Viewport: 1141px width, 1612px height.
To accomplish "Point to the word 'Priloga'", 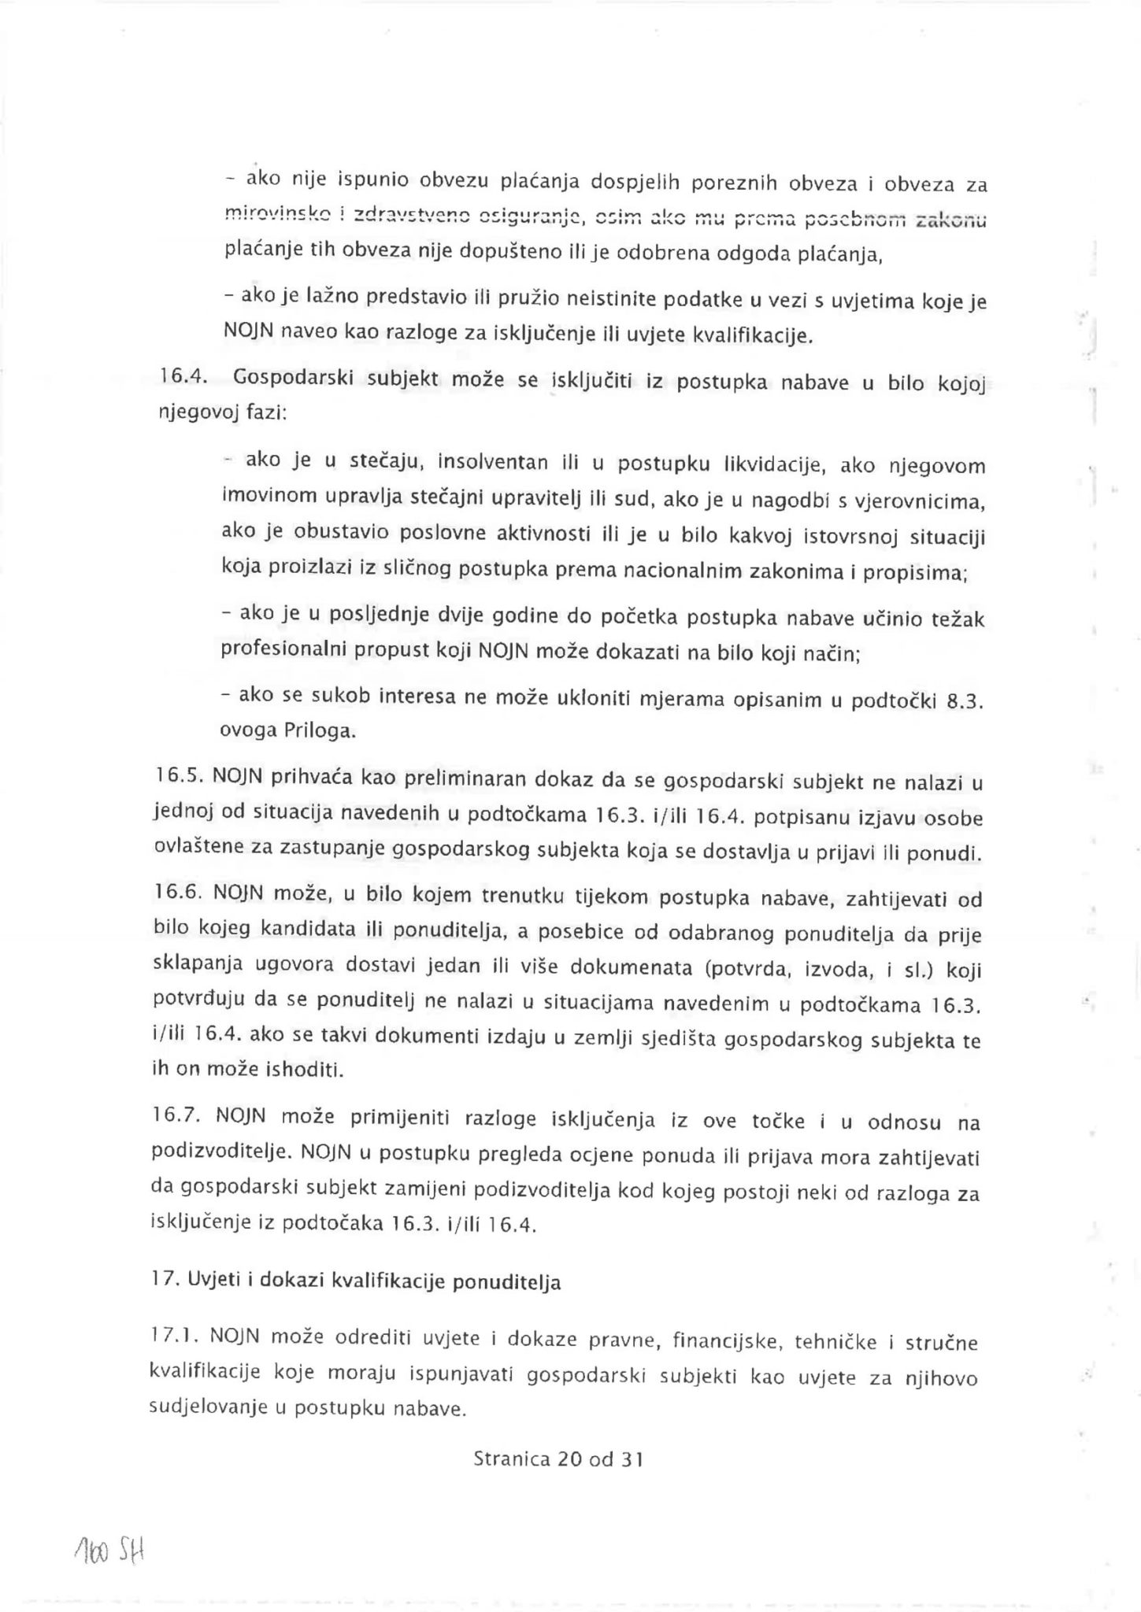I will (317, 731).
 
